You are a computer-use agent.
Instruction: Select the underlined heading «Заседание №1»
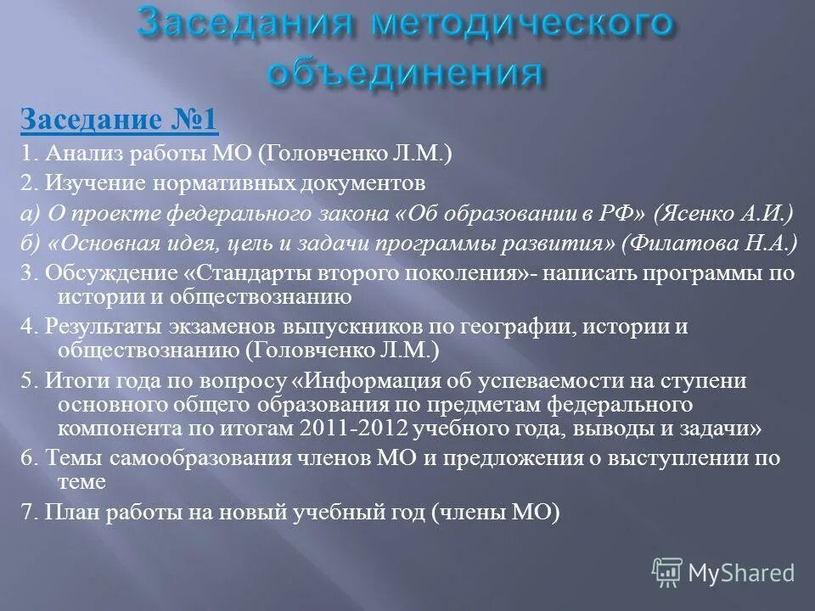tap(119, 120)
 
